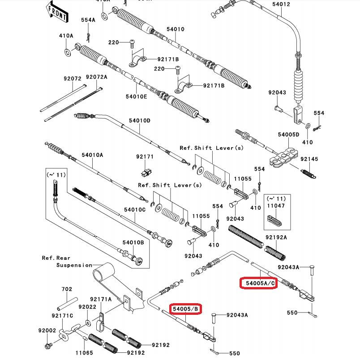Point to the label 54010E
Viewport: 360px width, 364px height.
tap(136, 96)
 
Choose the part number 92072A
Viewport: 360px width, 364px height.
tap(97, 77)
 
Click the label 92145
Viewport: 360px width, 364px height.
tap(309, 159)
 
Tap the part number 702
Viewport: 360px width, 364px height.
tap(67, 289)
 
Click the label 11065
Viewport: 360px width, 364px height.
tap(84, 353)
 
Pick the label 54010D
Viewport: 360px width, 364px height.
tap(140, 121)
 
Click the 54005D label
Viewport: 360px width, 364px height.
tap(288, 135)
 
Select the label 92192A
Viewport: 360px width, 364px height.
tap(276, 237)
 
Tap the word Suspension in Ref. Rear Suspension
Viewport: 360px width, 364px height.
tap(74, 265)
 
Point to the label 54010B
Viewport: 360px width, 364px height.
tap(133, 243)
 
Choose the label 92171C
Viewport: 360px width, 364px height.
tap(62, 316)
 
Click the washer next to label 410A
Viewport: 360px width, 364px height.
tap(67, 53)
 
